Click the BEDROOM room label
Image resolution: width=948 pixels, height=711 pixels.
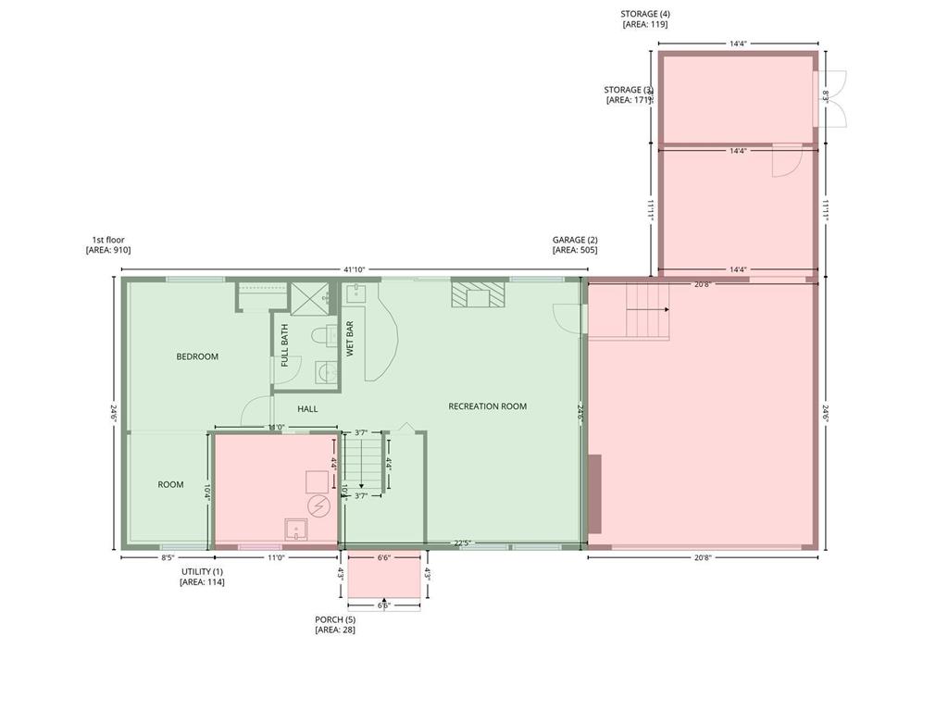point(197,356)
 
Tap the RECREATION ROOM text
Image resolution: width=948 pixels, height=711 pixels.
point(488,406)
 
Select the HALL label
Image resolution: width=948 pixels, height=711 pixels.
point(307,408)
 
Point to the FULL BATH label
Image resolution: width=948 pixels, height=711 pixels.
point(284,340)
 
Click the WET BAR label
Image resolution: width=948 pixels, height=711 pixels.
point(350,339)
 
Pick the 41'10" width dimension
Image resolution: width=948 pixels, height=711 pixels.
point(354,269)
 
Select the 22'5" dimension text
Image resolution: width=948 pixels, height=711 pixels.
point(465,543)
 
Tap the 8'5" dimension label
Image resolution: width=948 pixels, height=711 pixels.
point(168,558)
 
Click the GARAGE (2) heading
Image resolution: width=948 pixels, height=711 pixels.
point(575,240)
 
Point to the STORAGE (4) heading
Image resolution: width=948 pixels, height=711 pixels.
point(644,14)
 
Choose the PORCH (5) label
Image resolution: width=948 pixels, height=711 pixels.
point(335,619)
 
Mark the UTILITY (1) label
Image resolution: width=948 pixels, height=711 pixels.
point(202,572)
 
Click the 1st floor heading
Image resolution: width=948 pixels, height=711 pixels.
point(107,240)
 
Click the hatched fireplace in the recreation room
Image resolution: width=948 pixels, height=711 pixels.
point(479,294)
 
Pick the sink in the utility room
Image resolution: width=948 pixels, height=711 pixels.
point(296,530)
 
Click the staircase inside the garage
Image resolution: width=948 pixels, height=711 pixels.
point(647,311)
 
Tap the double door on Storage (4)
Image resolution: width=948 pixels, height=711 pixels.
point(833,98)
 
